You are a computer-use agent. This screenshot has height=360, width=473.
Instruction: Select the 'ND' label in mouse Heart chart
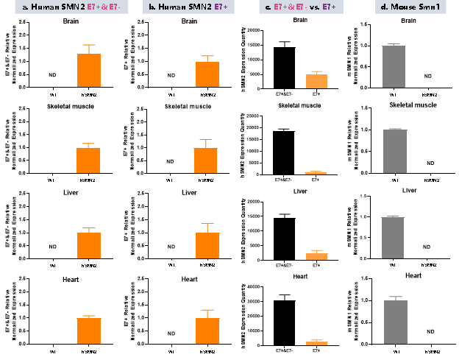[x=430, y=332]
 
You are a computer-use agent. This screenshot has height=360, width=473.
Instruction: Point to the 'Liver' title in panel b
[x=189, y=192]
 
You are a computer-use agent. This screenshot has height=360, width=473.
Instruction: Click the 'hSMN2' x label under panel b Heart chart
[x=208, y=352]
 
